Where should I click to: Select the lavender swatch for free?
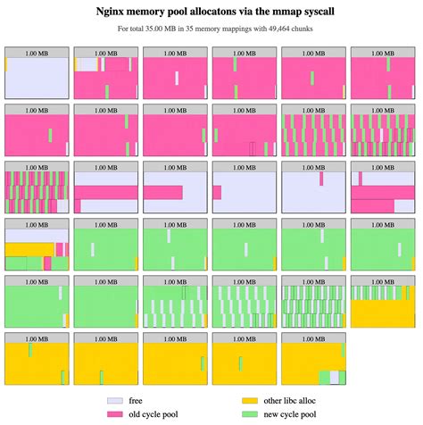113,401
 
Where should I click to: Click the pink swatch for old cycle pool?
113,414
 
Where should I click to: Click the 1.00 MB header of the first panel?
37,52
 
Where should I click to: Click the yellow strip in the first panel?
6,65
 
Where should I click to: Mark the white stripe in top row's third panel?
177,78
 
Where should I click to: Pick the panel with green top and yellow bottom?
384,308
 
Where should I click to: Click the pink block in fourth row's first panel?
62,249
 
